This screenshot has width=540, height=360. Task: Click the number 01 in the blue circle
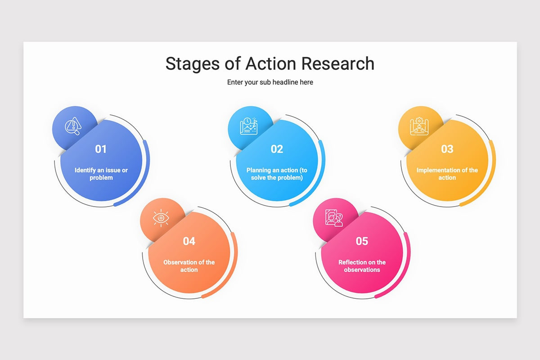(101, 149)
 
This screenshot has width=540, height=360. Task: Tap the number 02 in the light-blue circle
(277, 149)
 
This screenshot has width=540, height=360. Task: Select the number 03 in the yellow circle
(447, 149)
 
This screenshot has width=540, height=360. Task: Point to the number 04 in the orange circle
(189, 241)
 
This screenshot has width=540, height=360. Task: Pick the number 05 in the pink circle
(362, 241)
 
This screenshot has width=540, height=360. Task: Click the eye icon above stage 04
(160, 218)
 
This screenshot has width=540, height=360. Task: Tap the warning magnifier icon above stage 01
(72, 126)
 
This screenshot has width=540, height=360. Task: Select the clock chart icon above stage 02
(248, 126)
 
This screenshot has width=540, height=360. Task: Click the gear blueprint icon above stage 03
(418, 126)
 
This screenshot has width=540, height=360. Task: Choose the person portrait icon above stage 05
(334, 218)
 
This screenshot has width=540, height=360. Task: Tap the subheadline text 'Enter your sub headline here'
(270, 82)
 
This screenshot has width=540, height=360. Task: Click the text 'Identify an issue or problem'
(101, 174)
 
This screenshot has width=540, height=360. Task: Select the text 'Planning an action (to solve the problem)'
(277, 174)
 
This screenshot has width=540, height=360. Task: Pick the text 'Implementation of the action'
(447, 174)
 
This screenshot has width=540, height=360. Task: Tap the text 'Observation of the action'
(189, 266)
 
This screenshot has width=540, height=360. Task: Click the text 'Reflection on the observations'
(362, 266)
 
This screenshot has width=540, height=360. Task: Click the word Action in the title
(271, 63)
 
